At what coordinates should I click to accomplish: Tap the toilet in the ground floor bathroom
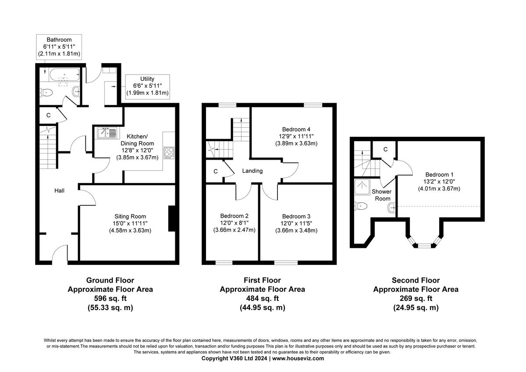click(x=46, y=93)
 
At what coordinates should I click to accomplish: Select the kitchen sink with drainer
click(x=107, y=132)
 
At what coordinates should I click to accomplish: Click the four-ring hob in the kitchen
click(x=169, y=152)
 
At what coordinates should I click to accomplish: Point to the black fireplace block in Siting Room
click(x=172, y=218)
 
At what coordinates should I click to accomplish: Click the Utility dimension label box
click(x=147, y=86)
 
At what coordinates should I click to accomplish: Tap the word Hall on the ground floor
click(x=60, y=190)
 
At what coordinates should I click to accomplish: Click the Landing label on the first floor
click(x=252, y=171)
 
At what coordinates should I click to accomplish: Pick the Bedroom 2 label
click(x=234, y=216)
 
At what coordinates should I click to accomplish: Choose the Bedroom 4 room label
click(x=296, y=129)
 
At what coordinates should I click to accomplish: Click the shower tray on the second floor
click(x=363, y=186)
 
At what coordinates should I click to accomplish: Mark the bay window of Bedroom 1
click(x=423, y=243)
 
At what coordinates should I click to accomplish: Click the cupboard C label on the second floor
click(x=385, y=150)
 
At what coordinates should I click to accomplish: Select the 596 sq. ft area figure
click(x=110, y=299)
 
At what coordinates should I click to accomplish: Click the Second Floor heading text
click(x=415, y=280)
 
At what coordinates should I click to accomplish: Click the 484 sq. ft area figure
click(x=262, y=299)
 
